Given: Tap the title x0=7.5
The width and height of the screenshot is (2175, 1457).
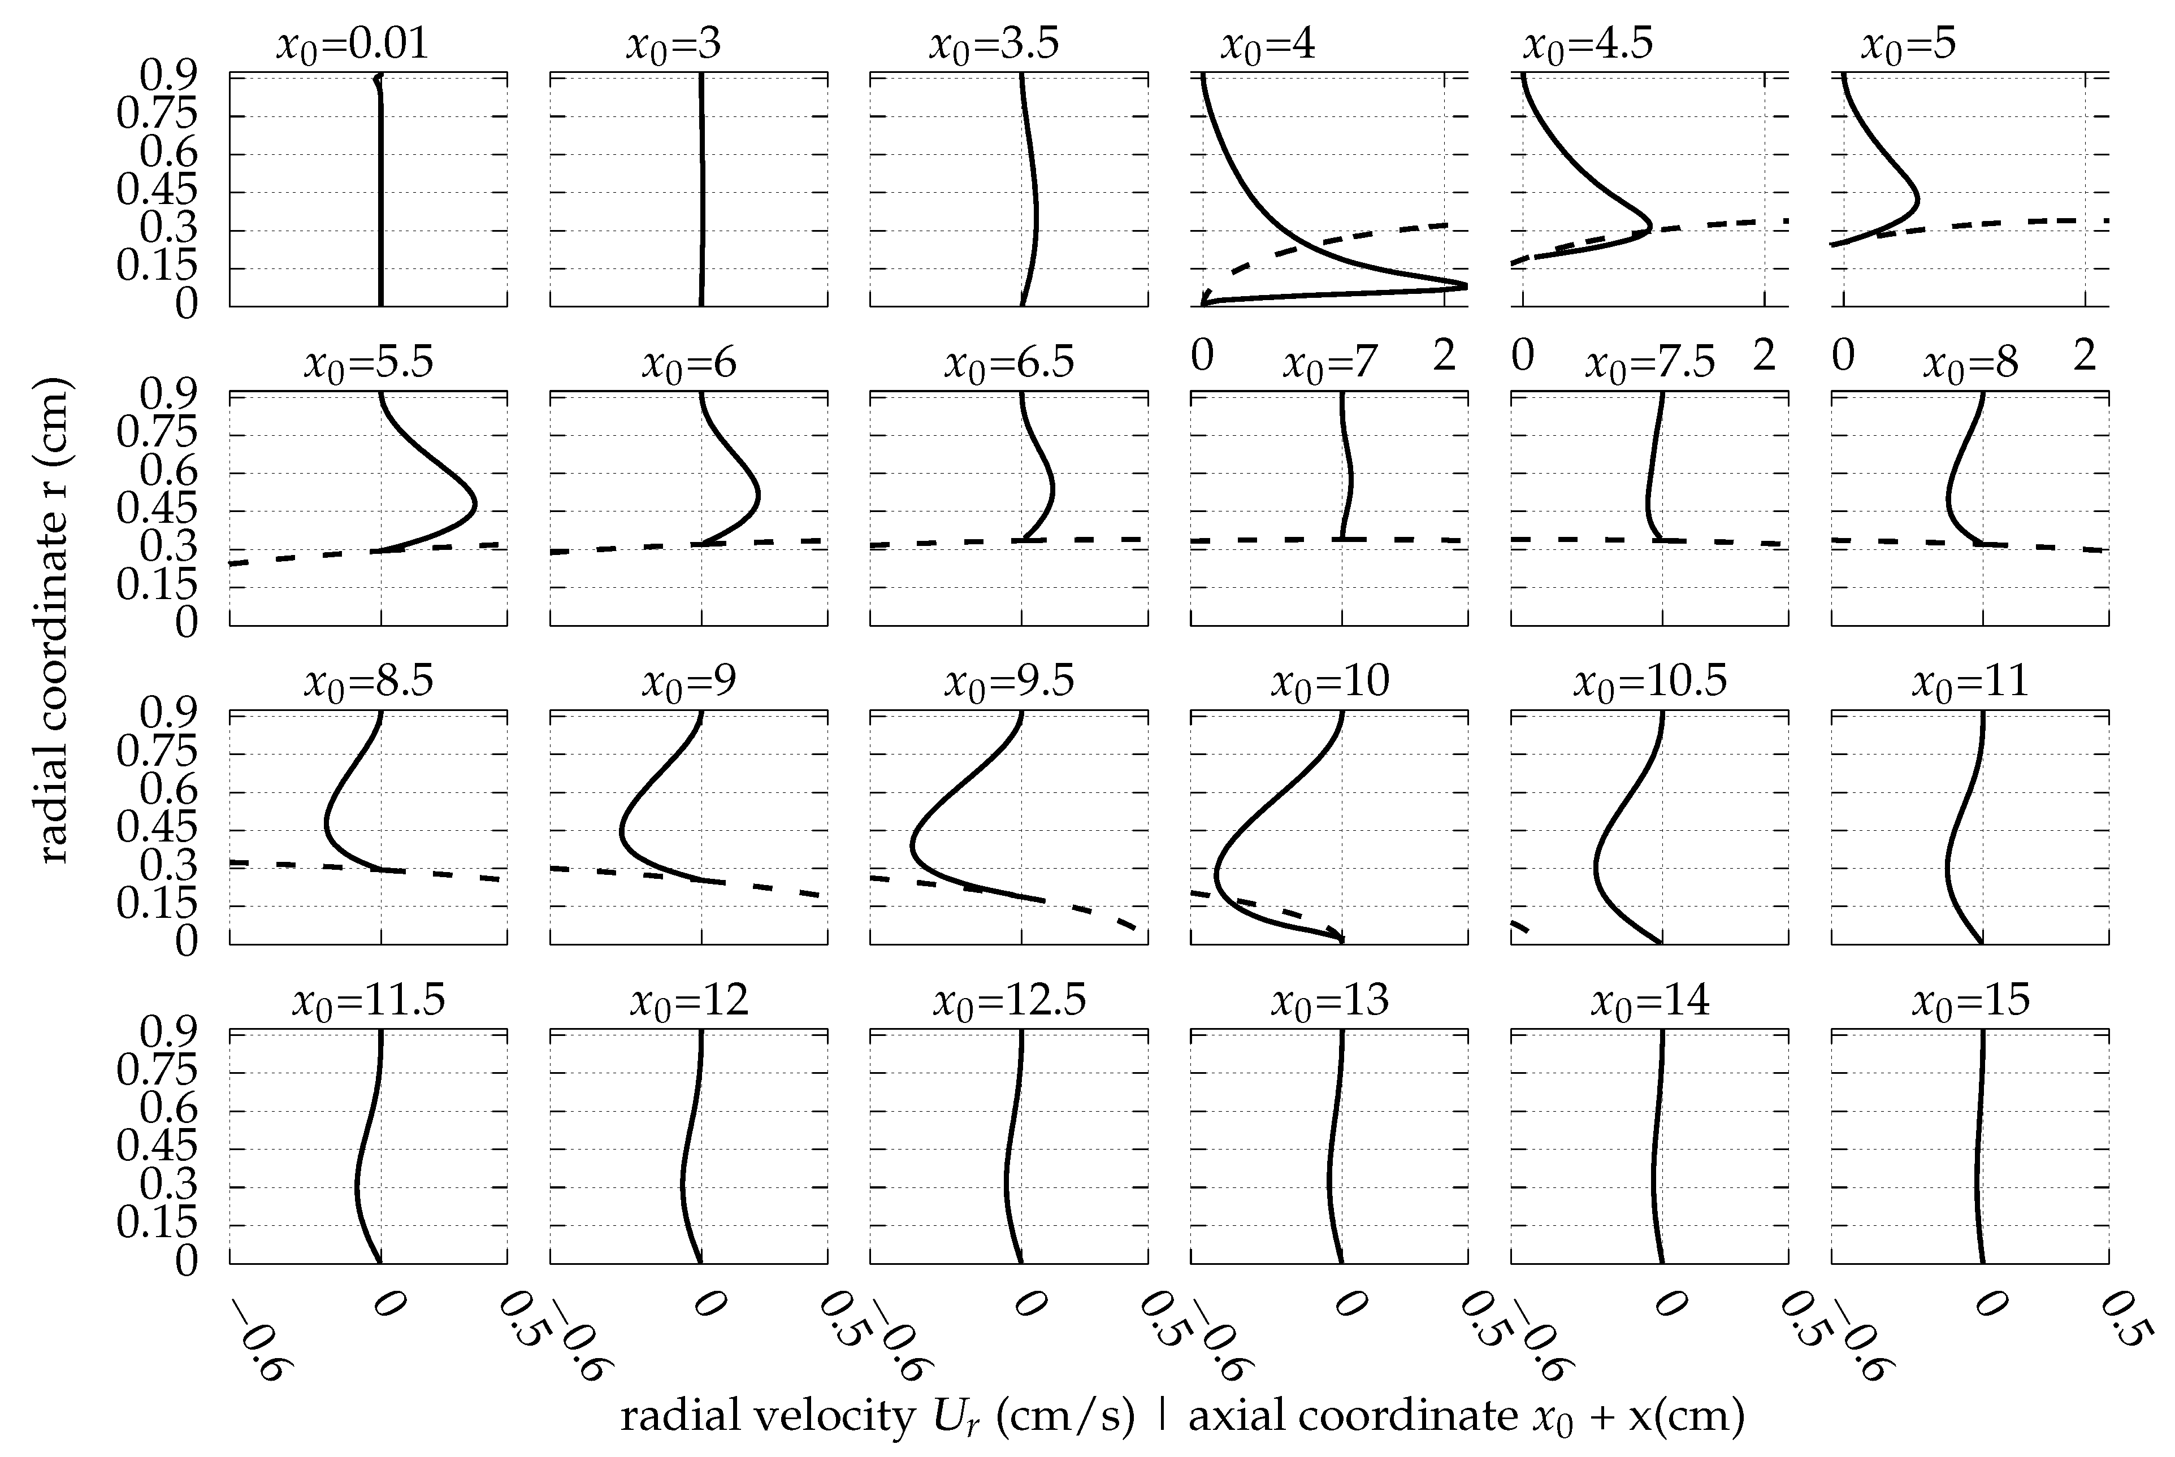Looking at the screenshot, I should [x=1649, y=362].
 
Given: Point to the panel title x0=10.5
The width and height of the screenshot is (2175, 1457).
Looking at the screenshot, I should [x=1649, y=681].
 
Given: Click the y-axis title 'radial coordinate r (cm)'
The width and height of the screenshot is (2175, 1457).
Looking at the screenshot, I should [x=54, y=620].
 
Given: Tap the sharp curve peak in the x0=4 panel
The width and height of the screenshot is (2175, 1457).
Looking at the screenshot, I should [x=1465, y=285].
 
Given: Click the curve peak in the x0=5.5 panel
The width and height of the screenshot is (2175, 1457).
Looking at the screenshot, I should [x=476, y=505].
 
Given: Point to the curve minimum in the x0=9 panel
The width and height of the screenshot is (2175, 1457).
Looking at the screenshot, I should [x=621, y=830].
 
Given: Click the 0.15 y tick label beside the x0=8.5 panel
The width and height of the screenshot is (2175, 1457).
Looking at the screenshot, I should [x=157, y=904].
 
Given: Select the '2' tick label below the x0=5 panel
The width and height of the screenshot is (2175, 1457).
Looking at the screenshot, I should [x=2085, y=356].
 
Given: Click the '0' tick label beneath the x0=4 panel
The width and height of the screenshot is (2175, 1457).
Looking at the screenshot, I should [x=1202, y=356].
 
